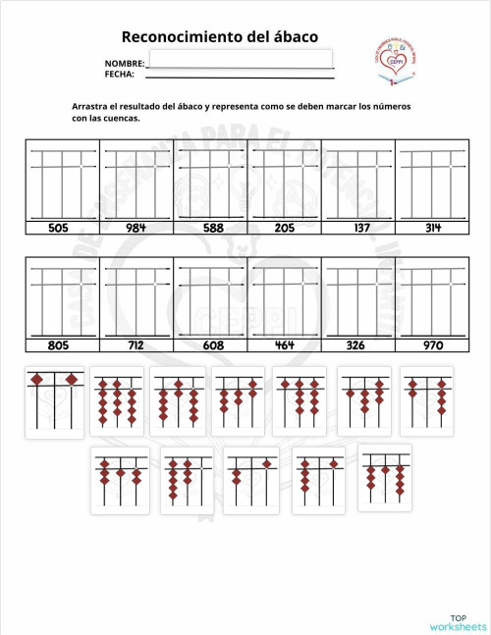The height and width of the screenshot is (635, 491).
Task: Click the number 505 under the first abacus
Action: pyautogui.click(x=59, y=228)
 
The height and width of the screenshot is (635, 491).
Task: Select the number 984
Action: pyautogui.click(x=136, y=228)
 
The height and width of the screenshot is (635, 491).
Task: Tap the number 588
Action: pyautogui.click(x=212, y=228)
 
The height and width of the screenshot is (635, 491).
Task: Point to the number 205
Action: pyautogui.click(x=285, y=228)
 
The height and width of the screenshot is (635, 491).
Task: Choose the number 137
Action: pyautogui.click(x=358, y=228)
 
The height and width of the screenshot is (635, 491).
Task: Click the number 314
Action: pyautogui.click(x=433, y=228)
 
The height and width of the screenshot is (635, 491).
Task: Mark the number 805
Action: pyautogui.click(x=59, y=345)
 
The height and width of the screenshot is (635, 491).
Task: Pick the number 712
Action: pyautogui.click(x=136, y=345)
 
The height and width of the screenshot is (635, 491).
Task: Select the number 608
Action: pyautogui.click(x=212, y=345)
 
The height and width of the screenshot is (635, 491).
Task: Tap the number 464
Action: pyautogui.click(x=285, y=345)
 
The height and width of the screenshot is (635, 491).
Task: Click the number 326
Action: pyautogui.click(x=358, y=345)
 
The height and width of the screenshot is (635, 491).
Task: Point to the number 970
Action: pyautogui.click(x=433, y=345)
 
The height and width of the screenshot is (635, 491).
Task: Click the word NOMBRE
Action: pyautogui.click(x=124, y=64)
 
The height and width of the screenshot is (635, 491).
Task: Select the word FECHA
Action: pyautogui.click(x=119, y=74)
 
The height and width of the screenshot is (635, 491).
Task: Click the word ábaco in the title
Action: pyautogui.click(x=291, y=36)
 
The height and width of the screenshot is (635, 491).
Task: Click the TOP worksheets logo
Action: pyautogui.click(x=457, y=620)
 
